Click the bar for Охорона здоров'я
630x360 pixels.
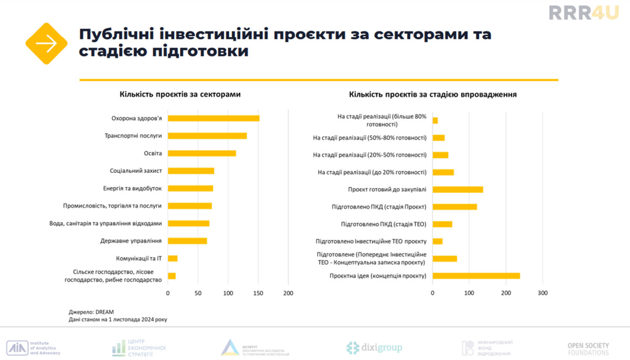[x=214, y=118]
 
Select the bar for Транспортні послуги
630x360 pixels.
[x=207, y=136]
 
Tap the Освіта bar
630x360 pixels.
[x=202, y=153]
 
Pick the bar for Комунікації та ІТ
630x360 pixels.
[x=173, y=258]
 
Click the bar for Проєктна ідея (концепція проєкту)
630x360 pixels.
[x=476, y=276]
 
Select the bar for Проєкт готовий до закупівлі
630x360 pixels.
[x=458, y=189]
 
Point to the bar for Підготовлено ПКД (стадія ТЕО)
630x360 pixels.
[x=443, y=224]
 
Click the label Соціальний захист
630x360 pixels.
[x=135, y=171]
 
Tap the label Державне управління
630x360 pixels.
[x=131, y=241]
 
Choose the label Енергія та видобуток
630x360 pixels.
[x=132, y=188]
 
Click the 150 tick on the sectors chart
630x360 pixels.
[x=258, y=293]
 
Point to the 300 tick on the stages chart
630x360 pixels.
[x=542, y=293]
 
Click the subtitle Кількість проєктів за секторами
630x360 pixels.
[x=180, y=94]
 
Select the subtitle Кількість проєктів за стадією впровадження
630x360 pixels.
[x=433, y=94]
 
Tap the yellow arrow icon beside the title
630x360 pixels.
[x=47, y=44]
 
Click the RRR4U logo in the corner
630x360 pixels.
[x=581, y=13]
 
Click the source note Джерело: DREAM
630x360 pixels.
[x=91, y=311]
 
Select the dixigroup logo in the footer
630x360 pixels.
[x=374, y=347]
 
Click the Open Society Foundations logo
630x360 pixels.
[x=588, y=348]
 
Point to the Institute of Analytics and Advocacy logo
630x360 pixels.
[x=34, y=347]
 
